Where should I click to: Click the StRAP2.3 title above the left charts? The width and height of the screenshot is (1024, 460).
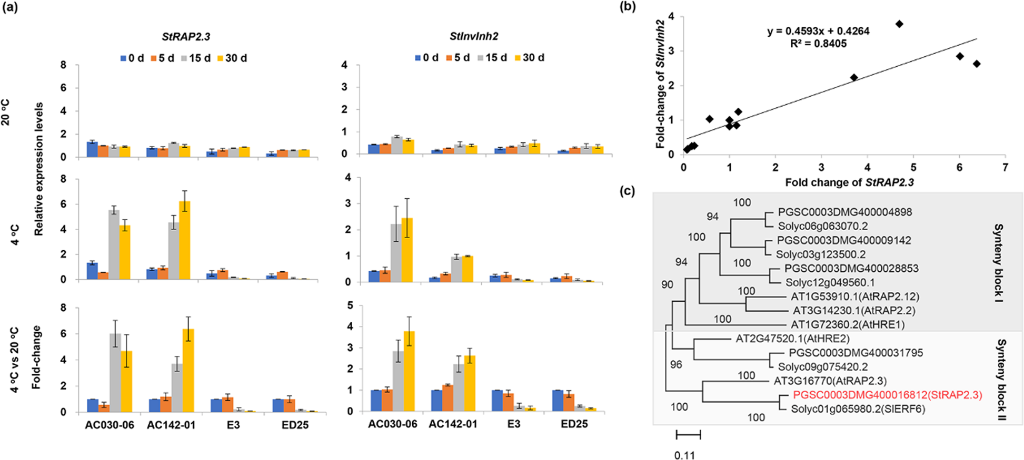(186, 37)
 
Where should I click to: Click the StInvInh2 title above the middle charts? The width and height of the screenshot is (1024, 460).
(474, 36)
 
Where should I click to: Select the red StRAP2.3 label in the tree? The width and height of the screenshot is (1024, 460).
(888, 395)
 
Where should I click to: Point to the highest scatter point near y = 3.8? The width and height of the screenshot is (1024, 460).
(899, 24)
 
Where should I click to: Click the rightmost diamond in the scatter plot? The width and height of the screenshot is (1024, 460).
(977, 64)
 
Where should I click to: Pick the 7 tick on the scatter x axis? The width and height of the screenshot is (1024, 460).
(1005, 167)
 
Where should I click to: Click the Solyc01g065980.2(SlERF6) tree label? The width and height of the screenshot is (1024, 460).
(858, 408)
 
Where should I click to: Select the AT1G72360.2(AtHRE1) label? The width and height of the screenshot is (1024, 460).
(848, 324)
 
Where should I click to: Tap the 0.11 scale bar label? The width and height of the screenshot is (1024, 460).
(684, 455)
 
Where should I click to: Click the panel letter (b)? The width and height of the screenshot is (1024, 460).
(629, 7)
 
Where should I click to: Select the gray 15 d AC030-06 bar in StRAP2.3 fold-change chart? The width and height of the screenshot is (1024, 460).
(114, 372)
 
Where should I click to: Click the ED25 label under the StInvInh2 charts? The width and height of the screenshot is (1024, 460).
(574, 424)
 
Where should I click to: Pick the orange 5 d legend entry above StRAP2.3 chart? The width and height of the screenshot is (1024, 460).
(162, 58)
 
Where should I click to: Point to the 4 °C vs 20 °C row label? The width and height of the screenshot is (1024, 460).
(15, 360)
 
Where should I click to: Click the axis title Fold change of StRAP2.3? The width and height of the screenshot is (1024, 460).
(849, 182)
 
